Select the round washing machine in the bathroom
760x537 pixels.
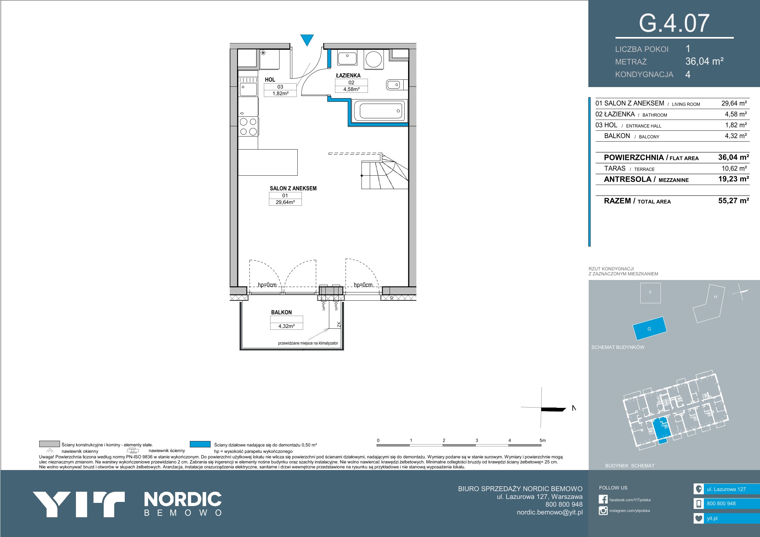click(x=374, y=59)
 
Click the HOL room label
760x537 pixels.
click(x=270, y=80)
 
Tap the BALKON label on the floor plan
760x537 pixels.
click(x=281, y=312)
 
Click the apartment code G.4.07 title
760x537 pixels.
click(x=674, y=23)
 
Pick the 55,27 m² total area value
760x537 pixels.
click(x=734, y=201)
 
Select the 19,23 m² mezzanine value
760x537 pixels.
click(x=734, y=179)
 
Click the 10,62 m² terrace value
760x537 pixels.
click(x=734, y=168)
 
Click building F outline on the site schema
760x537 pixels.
click(x=651, y=293)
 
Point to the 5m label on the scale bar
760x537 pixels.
click(x=542, y=440)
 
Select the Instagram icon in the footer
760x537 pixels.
click(x=603, y=511)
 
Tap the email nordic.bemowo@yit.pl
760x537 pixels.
click(x=549, y=512)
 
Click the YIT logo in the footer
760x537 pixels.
click(x=78, y=504)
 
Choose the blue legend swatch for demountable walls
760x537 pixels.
click(x=200, y=444)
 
